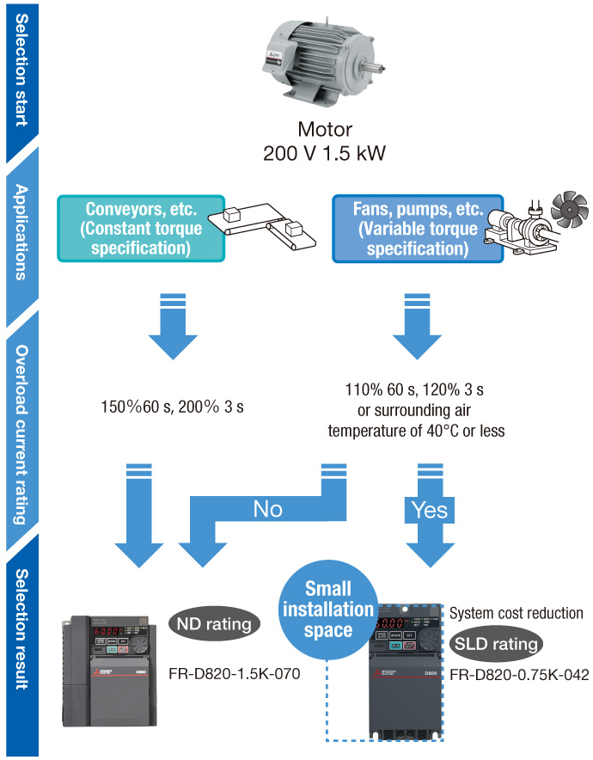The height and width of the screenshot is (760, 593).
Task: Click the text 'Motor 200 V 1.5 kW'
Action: [x=324, y=142]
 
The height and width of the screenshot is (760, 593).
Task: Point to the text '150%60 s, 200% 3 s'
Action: [x=171, y=405]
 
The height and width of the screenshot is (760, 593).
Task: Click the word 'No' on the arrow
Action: [x=267, y=509]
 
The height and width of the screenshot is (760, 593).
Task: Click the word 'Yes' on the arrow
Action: [x=429, y=510]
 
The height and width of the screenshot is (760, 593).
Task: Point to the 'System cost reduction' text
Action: [x=517, y=614]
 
